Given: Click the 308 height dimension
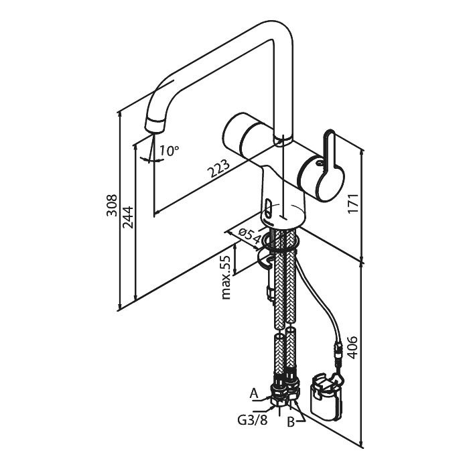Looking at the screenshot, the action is click(112, 205).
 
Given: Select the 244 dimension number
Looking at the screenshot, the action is click(128, 217).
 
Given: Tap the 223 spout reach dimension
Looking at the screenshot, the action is click(218, 169).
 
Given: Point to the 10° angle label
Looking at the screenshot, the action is click(169, 151).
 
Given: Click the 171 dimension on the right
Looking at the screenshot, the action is click(353, 204).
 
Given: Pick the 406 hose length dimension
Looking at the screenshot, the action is click(353, 348).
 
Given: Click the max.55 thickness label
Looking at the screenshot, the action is click(226, 277).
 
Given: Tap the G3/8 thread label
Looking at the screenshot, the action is click(252, 420).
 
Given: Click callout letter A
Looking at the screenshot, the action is click(254, 394).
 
